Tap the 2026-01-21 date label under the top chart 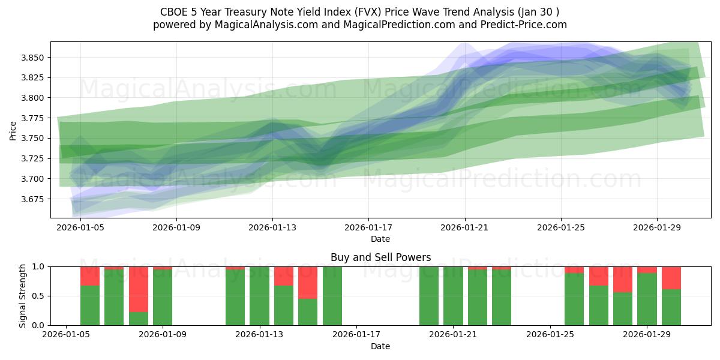click(464, 227)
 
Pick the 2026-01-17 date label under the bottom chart click(356, 335)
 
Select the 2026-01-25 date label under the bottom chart click(550, 335)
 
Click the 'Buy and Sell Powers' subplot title click(380, 257)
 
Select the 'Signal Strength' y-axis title click(23, 296)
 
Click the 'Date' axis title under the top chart click(380, 239)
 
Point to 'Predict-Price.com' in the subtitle click(522, 25)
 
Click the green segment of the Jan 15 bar click(308, 312)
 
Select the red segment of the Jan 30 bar click(671, 278)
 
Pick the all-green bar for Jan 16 click(332, 296)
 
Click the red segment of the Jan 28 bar click(623, 279)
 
